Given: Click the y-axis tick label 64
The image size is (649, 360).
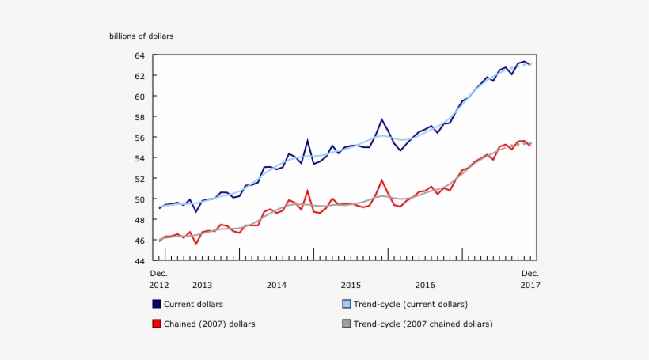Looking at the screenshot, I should click(x=139, y=55).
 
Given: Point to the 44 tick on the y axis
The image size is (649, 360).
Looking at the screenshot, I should click(x=139, y=261).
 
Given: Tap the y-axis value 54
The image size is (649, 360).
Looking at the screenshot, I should click(x=139, y=158).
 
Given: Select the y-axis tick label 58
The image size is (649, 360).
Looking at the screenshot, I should click(x=139, y=117).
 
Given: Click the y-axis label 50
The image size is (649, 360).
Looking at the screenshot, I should click(x=139, y=199).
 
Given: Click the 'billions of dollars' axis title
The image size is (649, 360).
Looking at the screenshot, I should click(x=141, y=36).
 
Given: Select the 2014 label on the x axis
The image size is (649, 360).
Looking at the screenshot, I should click(x=276, y=285).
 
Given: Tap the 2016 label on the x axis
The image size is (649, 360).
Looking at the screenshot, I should click(x=425, y=285).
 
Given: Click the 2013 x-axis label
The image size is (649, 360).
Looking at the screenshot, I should click(x=202, y=285).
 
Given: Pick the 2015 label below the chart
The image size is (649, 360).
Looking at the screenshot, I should click(x=351, y=285).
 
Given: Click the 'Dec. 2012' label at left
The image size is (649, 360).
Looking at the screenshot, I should click(x=159, y=279).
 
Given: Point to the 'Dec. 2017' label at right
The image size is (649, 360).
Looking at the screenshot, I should click(x=530, y=279).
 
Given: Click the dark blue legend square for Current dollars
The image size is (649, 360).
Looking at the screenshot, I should click(x=157, y=304).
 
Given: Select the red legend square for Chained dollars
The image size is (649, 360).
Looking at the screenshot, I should click(x=157, y=324).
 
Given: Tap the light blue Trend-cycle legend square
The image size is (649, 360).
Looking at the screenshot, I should click(x=347, y=304).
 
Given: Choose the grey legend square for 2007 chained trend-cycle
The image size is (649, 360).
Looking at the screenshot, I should click(x=347, y=324).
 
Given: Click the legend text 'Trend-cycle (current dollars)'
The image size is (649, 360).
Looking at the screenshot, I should click(x=410, y=304).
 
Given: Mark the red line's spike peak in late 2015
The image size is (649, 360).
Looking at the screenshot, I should click(x=381, y=180).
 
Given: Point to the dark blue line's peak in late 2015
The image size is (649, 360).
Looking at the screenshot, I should click(x=381, y=119).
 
